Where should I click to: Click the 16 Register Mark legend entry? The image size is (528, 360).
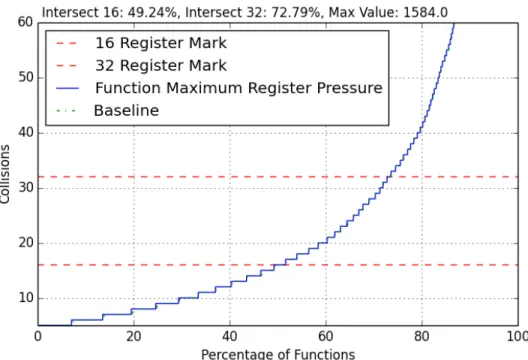point(161,43)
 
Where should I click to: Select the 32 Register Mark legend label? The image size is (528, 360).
point(161,65)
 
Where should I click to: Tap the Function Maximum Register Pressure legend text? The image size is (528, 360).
point(239,88)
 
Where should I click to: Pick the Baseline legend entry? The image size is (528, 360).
point(126,110)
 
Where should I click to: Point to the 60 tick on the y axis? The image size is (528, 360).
point(26,22)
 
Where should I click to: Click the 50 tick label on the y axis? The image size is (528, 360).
point(26,77)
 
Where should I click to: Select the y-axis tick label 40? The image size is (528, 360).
point(26,133)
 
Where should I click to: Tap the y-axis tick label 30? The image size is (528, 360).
point(26,188)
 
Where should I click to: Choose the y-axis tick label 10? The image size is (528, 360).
point(26,298)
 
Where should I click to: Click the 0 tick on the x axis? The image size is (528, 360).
point(38,336)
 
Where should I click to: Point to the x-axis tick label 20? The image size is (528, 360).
point(134,336)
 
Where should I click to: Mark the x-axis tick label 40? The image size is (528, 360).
point(230,336)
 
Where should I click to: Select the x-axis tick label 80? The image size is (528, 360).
point(422,336)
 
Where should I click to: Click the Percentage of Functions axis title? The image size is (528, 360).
point(278,354)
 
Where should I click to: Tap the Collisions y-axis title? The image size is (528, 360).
point(5,174)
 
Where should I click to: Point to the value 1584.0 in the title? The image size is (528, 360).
point(425,13)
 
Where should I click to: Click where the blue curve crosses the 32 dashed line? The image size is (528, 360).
point(389,176)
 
